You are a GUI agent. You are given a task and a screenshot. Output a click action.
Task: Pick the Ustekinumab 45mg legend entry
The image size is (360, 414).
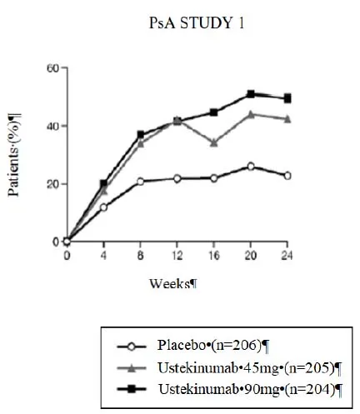[x=242, y=367]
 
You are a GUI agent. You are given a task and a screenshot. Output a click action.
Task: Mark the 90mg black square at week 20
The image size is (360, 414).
[x=251, y=94]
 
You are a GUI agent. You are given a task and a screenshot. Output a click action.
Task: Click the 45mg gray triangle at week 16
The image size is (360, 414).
[x=214, y=142]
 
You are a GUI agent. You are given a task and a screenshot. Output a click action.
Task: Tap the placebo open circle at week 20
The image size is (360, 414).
[x=251, y=167]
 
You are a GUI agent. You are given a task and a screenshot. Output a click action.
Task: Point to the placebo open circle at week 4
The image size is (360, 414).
[x=103, y=207]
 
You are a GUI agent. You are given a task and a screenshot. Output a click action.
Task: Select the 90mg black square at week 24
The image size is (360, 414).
[x=287, y=98]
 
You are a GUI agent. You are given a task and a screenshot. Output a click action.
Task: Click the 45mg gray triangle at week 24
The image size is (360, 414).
[x=287, y=118]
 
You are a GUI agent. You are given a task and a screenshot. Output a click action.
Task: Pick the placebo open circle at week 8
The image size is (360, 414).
[x=140, y=181]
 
